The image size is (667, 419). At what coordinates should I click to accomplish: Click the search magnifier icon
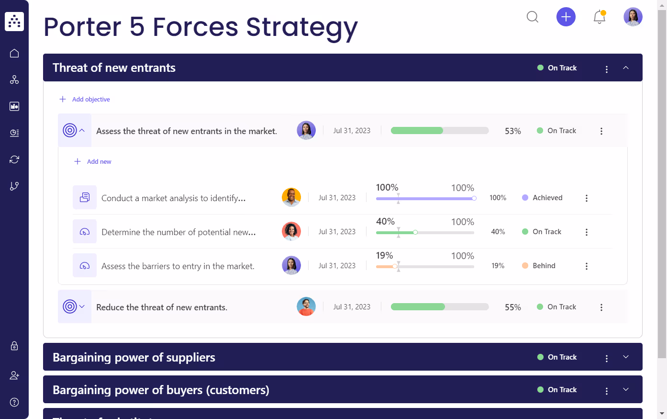(x=533, y=17)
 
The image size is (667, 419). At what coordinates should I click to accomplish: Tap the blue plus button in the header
(x=566, y=17)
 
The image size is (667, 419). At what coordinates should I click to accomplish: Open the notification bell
(x=600, y=17)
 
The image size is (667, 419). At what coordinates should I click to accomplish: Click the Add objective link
(x=90, y=99)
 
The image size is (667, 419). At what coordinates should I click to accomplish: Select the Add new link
(x=99, y=162)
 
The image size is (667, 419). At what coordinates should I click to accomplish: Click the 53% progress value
(x=512, y=131)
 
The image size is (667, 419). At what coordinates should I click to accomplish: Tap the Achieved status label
(x=547, y=198)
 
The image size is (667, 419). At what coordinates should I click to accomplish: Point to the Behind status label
(x=544, y=266)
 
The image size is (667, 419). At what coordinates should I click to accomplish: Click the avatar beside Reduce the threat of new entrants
(x=306, y=307)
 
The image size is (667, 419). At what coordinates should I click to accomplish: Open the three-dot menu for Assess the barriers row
(x=587, y=266)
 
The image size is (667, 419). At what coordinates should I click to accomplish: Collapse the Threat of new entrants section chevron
(x=626, y=68)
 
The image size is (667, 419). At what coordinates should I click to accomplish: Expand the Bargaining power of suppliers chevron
(x=626, y=357)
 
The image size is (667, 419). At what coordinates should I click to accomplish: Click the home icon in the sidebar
(x=14, y=53)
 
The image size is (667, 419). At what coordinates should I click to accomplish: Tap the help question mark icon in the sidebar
(x=14, y=402)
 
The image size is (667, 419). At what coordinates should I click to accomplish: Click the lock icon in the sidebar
(x=14, y=346)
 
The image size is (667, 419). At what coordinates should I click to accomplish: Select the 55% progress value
(x=512, y=307)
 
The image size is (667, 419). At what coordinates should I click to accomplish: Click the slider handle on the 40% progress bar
(x=415, y=232)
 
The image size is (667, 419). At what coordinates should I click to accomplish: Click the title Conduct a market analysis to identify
(x=173, y=198)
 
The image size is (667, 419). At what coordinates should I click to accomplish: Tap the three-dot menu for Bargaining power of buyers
(x=607, y=391)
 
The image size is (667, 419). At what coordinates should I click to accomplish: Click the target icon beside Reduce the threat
(x=70, y=306)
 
